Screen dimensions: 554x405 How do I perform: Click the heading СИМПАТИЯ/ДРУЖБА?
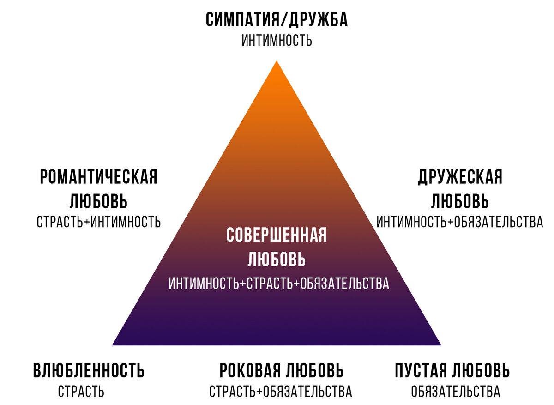(x=277, y=20)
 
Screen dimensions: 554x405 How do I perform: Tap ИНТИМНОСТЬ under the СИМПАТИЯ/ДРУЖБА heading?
(x=277, y=40)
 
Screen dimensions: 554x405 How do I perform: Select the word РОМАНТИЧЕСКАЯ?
(x=99, y=177)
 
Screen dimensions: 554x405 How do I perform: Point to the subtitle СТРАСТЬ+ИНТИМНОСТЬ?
(x=99, y=222)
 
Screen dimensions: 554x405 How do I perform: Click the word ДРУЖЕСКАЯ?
(x=460, y=177)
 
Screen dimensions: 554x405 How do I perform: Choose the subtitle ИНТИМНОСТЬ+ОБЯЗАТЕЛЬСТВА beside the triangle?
(x=460, y=222)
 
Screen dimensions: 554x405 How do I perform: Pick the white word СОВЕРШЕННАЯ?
(x=277, y=235)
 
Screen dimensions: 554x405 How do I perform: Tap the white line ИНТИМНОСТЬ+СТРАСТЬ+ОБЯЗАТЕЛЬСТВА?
(x=279, y=283)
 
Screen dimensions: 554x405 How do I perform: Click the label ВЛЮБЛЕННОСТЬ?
(x=89, y=370)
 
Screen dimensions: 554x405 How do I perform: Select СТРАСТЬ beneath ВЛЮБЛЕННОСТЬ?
(x=81, y=392)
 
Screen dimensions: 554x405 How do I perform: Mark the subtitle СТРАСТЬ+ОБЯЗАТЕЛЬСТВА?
(x=281, y=392)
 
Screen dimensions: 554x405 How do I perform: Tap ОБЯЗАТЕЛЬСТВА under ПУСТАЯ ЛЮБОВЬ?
(x=455, y=392)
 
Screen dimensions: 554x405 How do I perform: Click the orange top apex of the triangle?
(x=277, y=65)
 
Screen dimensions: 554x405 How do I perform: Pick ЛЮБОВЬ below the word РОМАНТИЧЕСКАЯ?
(x=99, y=201)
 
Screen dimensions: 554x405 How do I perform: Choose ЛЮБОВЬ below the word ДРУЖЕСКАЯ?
(x=460, y=201)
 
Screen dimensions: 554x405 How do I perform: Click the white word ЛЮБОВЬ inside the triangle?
(x=277, y=260)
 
